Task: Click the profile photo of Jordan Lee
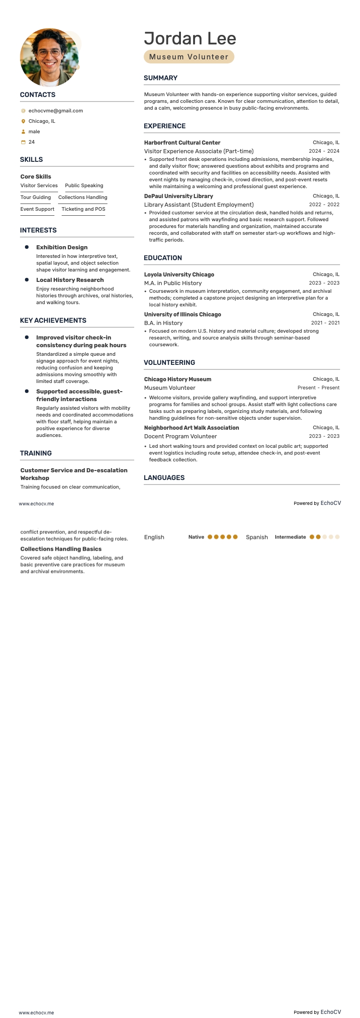49,58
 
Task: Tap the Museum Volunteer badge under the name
189,57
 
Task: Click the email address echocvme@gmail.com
55,111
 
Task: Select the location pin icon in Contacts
23,121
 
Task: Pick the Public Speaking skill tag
84,185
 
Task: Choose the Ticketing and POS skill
83,209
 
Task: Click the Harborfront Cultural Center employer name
182,143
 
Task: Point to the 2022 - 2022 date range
324,204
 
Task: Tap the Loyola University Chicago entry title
179,275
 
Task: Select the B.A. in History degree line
163,323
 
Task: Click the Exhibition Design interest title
62,247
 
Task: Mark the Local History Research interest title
70,280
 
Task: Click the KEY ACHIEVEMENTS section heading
53,320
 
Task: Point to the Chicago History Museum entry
178,379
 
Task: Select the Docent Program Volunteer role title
180,436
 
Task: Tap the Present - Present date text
318,388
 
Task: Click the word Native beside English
196,537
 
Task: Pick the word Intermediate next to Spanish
290,537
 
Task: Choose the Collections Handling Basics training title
61,549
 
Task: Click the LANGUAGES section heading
164,478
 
